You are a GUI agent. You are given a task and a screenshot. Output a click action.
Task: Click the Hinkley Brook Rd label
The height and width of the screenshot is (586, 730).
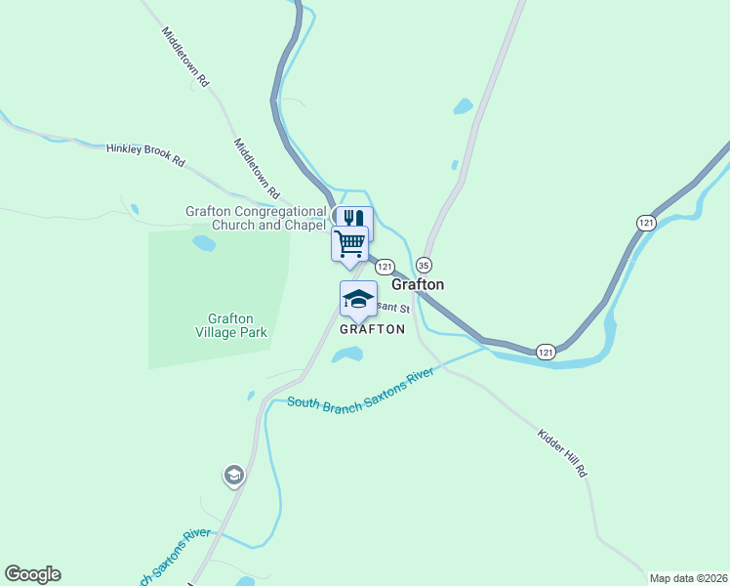[145, 154]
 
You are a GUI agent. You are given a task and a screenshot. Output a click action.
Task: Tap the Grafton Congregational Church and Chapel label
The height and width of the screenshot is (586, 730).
[256, 218]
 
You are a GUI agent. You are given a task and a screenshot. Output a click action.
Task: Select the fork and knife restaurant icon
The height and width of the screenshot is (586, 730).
[354, 219]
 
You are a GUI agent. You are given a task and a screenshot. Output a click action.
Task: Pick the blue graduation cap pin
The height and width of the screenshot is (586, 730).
[358, 298]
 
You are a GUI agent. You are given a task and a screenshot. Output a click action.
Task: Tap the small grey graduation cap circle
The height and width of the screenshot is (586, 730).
[233, 476]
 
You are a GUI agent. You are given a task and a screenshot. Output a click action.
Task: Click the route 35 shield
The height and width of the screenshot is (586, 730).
[424, 266]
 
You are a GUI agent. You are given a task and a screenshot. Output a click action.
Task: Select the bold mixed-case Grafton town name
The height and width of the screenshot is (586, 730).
[418, 284]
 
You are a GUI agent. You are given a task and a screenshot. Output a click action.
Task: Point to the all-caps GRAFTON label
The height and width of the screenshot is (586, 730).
[372, 329]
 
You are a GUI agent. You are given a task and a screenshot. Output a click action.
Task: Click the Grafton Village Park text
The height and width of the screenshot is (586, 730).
[231, 325]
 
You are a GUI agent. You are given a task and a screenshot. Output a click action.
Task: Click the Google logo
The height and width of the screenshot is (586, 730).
[32, 574]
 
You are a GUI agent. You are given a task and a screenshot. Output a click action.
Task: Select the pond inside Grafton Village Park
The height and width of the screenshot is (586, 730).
[204, 243]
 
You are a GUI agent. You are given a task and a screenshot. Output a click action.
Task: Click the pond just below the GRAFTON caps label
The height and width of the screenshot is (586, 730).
[346, 356]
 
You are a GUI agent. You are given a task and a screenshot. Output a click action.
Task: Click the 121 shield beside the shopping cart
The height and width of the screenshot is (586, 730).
[385, 267]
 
